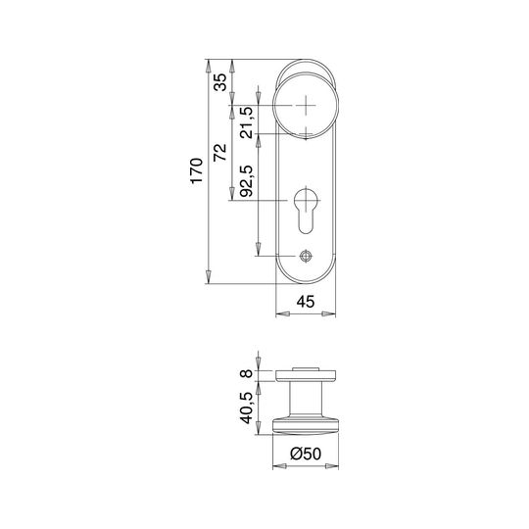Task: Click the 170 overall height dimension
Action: tap(197, 170)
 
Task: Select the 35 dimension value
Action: tap(221, 82)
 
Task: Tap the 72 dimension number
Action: tap(220, 152)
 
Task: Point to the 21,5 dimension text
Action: tap(246, 122)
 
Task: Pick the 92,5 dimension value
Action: tap(246, 181)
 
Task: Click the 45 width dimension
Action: tap(306, 302)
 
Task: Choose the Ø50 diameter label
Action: tap(306, 454)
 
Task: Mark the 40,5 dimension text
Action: tap(246, 408)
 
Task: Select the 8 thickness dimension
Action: tap(247, 373)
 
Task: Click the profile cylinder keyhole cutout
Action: tap(306, 212)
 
